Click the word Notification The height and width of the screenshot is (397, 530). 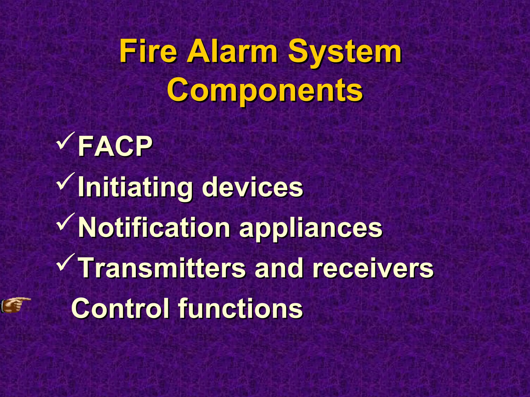154,228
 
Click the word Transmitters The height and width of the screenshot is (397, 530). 162,268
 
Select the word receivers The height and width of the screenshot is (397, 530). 373,268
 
